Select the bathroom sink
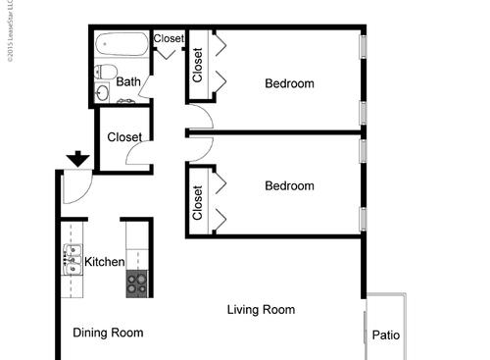[104, 92]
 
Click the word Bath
[127, 82]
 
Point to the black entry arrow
[75, 159]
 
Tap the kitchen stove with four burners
[137, 284]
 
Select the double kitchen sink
[72, 260]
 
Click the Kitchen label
[104, 262]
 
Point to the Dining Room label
[108, 333]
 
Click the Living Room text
[261, 310]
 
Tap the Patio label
[386, 335]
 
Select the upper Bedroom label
[289, 83]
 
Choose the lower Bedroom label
[289, 185]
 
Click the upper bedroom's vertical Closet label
[197, 65]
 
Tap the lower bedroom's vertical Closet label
[197, 201]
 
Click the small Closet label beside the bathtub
[169, 39]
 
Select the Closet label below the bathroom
[124, 137]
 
